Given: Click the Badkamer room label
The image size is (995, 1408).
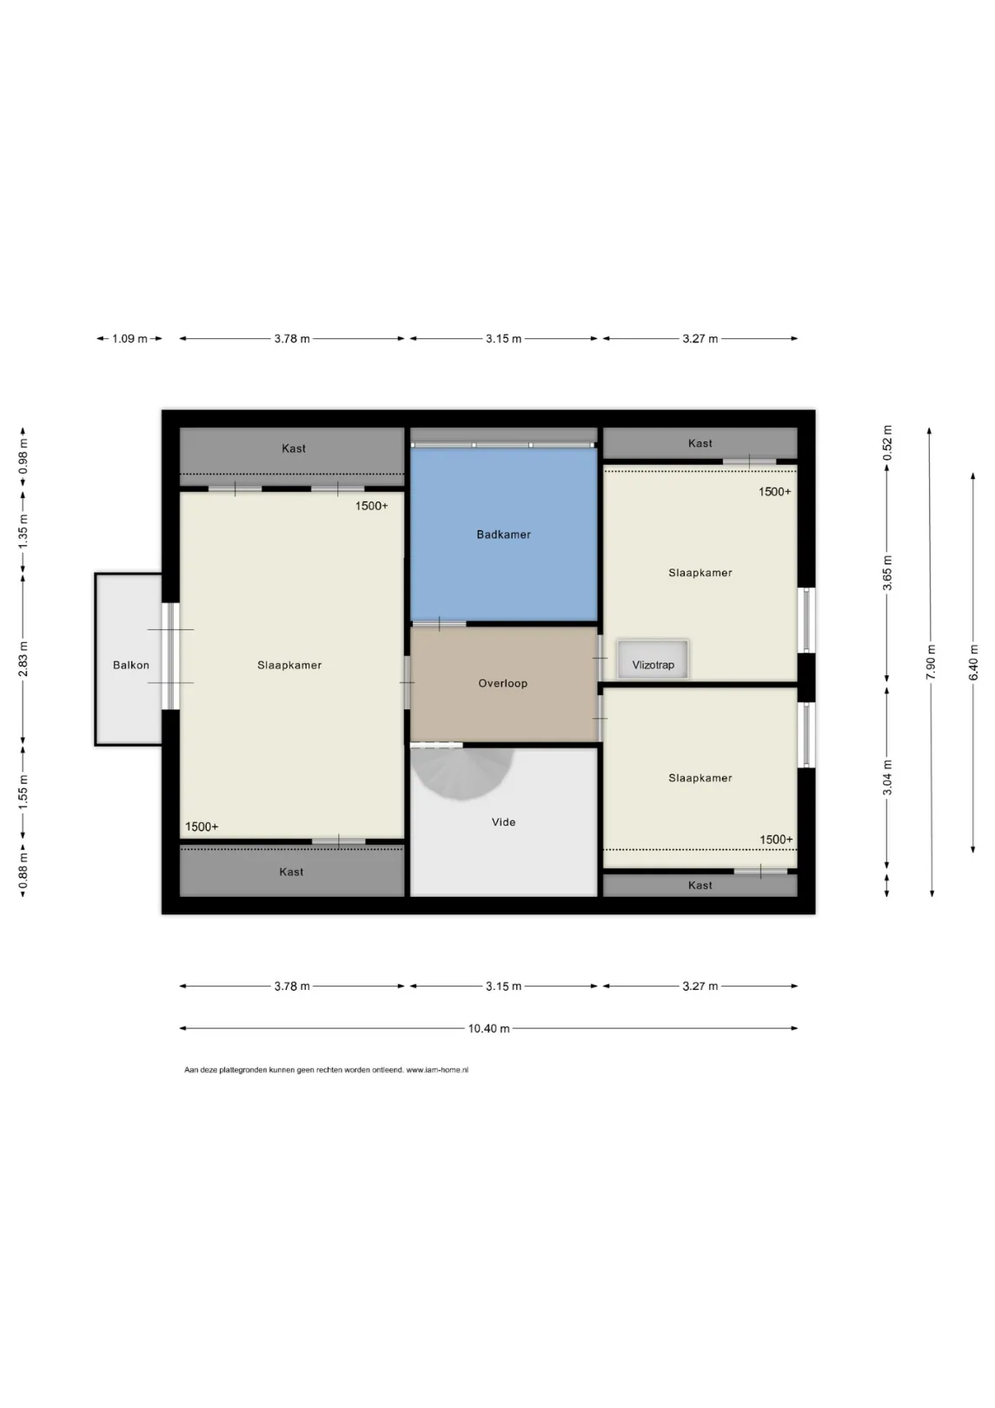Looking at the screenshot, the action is point(503,535).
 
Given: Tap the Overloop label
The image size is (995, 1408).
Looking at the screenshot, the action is point(502,683).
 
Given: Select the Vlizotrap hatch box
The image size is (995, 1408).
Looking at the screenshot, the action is point(653,660).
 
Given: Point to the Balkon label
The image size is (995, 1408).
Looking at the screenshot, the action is point(130,665).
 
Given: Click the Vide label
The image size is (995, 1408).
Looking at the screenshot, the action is point(503,822).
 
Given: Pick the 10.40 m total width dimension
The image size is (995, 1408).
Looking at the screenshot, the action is point(488,1028).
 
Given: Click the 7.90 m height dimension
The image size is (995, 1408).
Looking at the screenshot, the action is point(931,662).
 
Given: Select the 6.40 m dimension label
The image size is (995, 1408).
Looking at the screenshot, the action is point(973,662).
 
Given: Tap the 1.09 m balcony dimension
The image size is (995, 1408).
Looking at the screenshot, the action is point(129,339).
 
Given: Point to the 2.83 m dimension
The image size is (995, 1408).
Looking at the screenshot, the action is point(23,659).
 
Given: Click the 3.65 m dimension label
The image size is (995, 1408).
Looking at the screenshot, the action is point(887,573).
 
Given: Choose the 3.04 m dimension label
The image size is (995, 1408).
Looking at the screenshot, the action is point(887,777).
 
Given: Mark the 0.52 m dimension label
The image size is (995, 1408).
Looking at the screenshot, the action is point(887,442).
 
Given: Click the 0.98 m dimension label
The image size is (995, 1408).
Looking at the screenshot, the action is point(23,455).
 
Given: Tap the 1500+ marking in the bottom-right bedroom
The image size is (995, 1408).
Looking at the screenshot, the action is point(776,839).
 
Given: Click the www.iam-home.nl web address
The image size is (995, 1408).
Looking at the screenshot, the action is point(437,1070).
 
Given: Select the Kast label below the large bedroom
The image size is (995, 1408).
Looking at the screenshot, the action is point(291,872).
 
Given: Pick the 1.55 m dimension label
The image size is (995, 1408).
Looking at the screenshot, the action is point(23,792).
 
